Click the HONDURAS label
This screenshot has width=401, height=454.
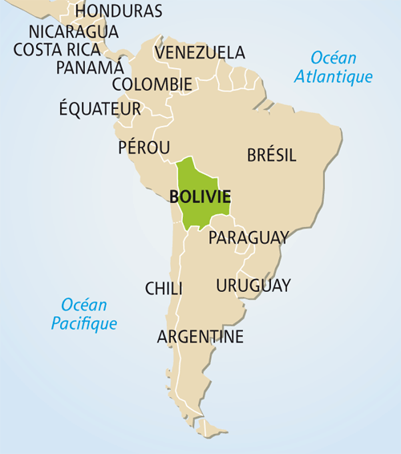pyautogui.click(x=119, y=11)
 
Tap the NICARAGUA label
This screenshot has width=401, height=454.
pyautogui.click(x=73, y=31)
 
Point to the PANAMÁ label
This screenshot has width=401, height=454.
pyautogui.click(x=90, y=67)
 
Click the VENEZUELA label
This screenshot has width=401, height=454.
pyautogui.click(x=200, y=53)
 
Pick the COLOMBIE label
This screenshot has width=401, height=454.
pyautogui.click(x=152, y=84)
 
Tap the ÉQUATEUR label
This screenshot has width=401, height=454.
pyautogui.click(x=100, y=108)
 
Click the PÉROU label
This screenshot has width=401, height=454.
pyautogui.click(x=144, y=148)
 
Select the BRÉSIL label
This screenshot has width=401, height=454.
pyautogui.click(x=272, y=155)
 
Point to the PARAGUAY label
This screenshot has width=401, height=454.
pyautogui.click(x=248, y=238)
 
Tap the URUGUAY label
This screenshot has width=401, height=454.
pyautogui.click(x=253, y=286)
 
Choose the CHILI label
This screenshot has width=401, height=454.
pyautogui.click(x=164, y=289)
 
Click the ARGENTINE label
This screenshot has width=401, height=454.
pyautogui.click(x=200, y=337)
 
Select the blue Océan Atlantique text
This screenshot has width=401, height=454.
pyautogui.click(x=334, y=67)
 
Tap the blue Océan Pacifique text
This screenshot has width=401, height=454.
pyautogui.click(x=84, y=314)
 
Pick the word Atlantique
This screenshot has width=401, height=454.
pyautogui.click(x=334, y=78)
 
